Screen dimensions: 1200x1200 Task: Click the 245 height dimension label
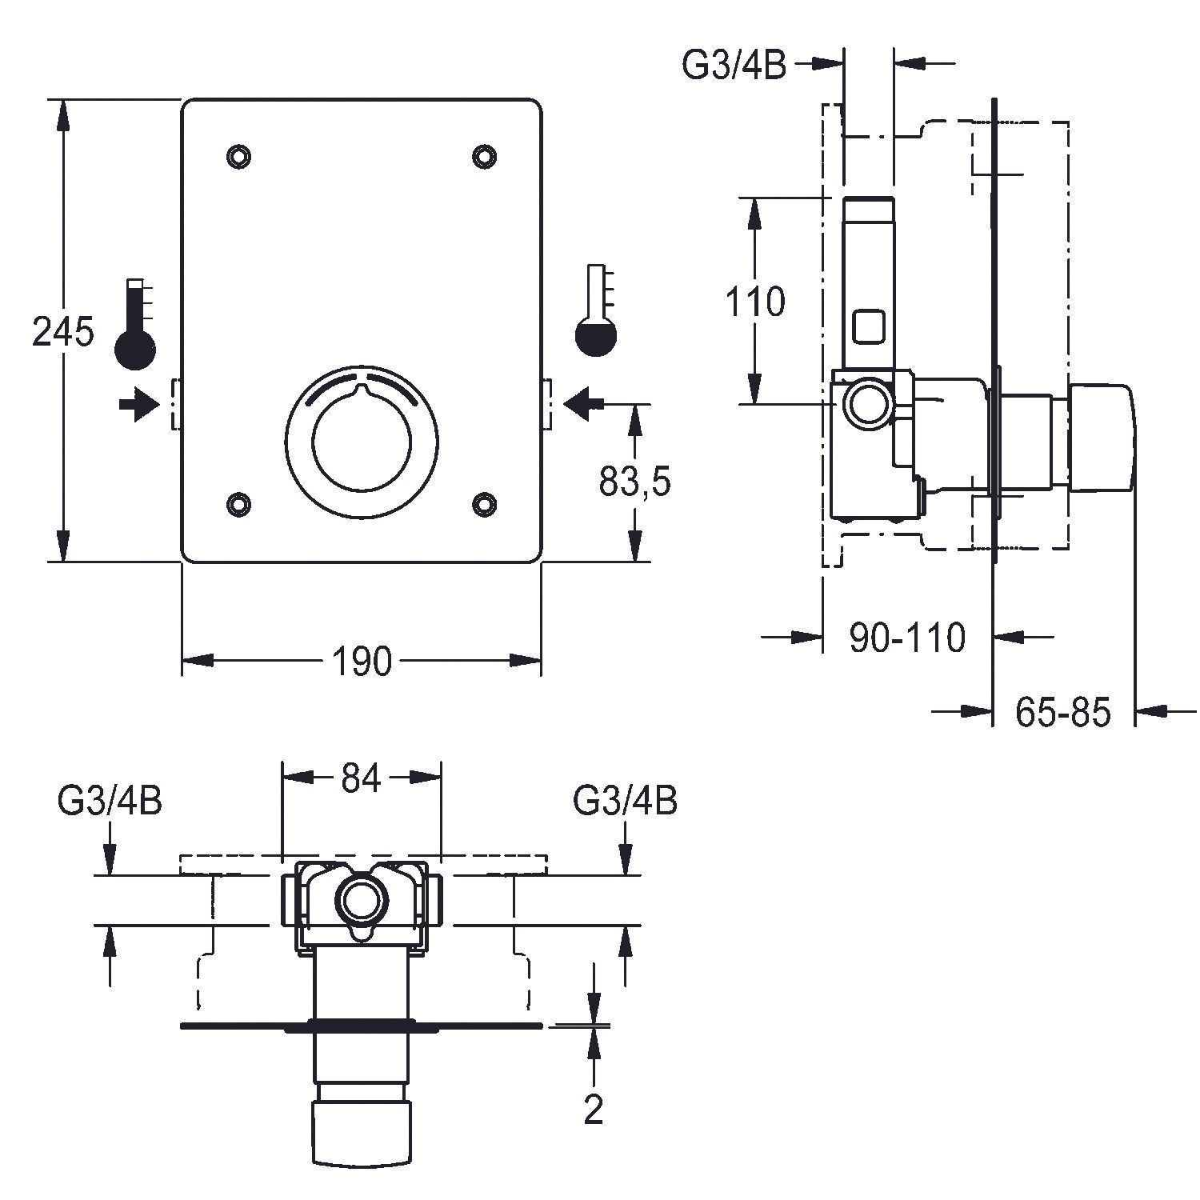(x=62, y=331)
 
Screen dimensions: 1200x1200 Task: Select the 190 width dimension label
(x=362, y=662)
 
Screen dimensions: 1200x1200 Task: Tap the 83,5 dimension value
(x=634, y=482)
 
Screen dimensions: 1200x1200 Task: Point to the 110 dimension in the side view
(x=754, y=302)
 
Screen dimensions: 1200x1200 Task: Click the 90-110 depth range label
(x=907, y=638)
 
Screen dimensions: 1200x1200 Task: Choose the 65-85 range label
(x=1063, y=711)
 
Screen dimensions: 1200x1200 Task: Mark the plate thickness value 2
(x=593, y=1109)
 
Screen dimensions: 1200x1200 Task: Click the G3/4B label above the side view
(x=734, y=66)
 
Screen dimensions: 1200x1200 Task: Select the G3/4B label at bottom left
(x=110, y=800)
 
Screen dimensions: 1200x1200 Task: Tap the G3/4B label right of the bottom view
(x=626, y=800)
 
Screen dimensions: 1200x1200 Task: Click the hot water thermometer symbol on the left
(x=134, y=324)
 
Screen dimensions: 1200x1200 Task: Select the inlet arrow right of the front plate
(x=584, y=403)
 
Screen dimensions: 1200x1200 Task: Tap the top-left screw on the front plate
(x=238, y=155)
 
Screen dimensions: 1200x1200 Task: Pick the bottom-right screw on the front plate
(x=484, y=502)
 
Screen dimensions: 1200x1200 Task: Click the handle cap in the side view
(x=1102, y=437)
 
